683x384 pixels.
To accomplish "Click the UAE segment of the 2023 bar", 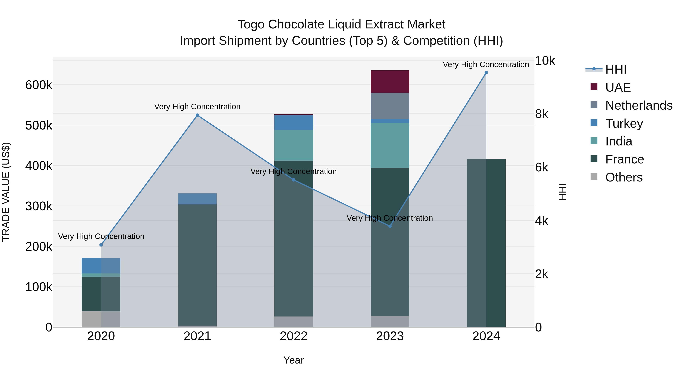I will (390, 81).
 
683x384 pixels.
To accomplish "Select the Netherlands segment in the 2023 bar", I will (390, 106).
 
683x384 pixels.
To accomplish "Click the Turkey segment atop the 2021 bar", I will (197, 199).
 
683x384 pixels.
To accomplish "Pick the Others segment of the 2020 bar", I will (101, 319).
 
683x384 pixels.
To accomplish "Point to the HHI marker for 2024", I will (486, 73).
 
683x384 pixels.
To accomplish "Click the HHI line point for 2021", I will (197, 115).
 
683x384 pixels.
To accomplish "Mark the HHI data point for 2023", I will (390, 226).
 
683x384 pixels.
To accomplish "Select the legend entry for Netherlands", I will (638, 105).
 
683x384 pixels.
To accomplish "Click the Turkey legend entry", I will (624, 123).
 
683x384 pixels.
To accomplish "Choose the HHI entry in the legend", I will (616, 69).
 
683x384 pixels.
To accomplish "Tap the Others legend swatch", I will (594, 177).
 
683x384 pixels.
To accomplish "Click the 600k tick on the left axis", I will (39, 85).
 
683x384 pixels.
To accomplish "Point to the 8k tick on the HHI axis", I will (541, 114).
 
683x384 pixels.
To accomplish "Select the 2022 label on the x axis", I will (294, 336).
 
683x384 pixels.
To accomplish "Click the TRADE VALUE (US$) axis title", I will (6, 192).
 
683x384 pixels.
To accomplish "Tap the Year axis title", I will (294, 360).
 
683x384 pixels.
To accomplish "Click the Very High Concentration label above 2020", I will (101, 236).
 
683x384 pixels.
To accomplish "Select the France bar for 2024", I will (486, 243).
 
